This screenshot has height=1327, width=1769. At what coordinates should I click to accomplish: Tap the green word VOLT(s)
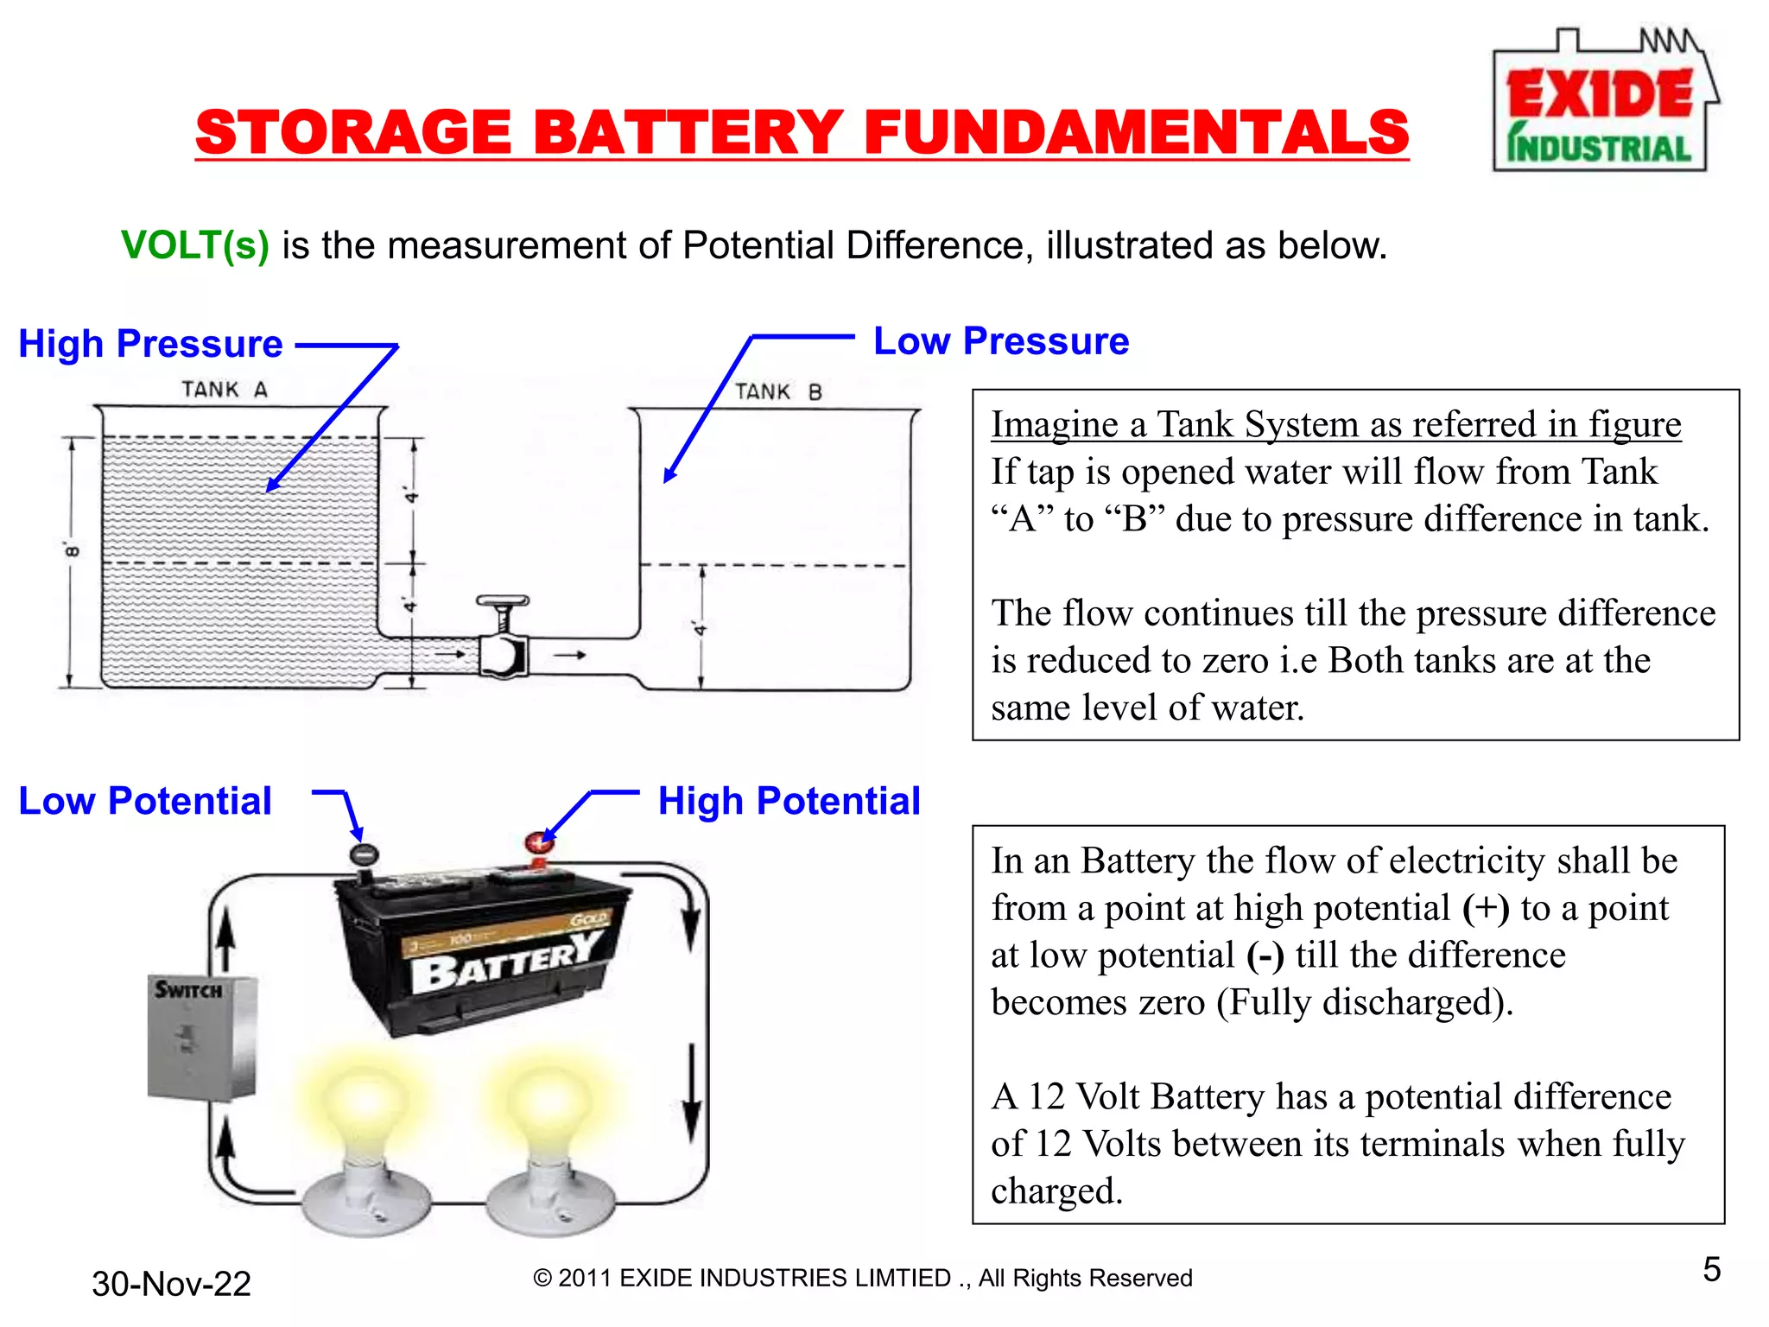(195, 245)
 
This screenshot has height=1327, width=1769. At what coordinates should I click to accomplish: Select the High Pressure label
(151, 344)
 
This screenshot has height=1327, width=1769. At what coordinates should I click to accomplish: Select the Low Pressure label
(1001, 341)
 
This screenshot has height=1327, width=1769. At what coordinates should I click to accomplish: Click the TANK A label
(225, 390)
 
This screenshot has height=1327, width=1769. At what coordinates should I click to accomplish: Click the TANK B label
(778, 392)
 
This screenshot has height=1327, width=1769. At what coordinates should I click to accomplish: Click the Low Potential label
(145, 801)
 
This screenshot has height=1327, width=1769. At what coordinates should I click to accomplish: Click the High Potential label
(789, 801)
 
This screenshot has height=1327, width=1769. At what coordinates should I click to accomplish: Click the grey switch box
(201, 1038)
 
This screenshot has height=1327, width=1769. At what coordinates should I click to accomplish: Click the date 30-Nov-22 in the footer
(171, 1284)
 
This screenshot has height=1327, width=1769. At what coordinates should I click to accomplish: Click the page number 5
(1711, 1269)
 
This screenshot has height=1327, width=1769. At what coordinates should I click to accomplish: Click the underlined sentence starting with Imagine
(1335, 424)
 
